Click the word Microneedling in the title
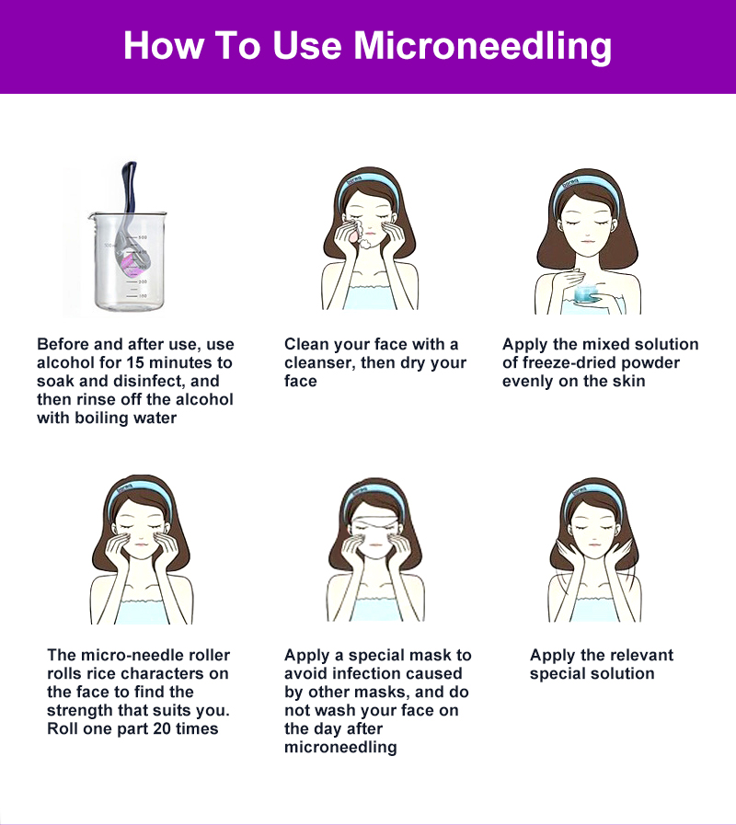(482, 46)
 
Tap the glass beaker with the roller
(129, 260)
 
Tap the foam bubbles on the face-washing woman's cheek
(360, 227)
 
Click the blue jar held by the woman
(589, 294)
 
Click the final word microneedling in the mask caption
(340, 747)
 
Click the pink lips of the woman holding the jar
(588, 242)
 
